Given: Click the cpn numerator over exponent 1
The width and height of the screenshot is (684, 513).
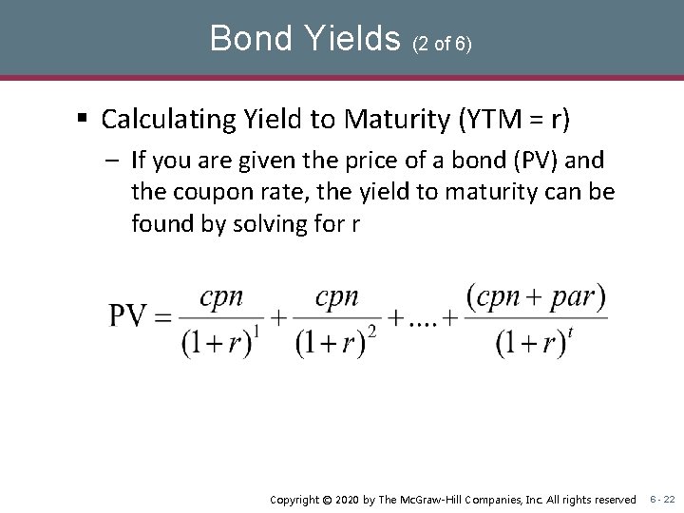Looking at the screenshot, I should (221, 296).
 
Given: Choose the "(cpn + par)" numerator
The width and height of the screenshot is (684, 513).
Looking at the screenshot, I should (538, 296).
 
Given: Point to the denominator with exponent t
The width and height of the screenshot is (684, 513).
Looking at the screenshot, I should (534, 342).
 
